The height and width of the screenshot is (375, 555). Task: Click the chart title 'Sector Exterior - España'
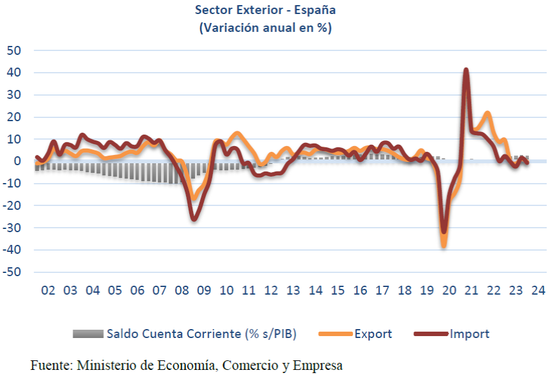(266, 11)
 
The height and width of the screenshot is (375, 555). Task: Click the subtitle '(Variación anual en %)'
(266, 27)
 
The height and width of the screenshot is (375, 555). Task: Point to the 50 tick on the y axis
(14, 50)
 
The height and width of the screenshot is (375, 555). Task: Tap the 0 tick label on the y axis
(18, 161)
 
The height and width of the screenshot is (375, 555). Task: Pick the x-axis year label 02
(48, 291)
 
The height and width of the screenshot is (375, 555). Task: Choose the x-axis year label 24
(538, 291)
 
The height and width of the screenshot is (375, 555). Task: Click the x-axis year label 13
(293, 291)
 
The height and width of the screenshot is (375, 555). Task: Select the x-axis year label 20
(449, 291)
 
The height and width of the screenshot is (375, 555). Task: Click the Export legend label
(373, 334)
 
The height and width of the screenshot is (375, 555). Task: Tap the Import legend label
(470, 334)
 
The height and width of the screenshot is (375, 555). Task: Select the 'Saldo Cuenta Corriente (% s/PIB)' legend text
(201, 334)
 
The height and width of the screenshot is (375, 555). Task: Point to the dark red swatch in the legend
(431, 334)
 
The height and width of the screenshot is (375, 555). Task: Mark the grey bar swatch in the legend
(87, 334)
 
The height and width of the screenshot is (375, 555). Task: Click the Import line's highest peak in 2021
(466, 70)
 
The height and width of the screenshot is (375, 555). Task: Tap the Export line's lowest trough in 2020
(444, 246)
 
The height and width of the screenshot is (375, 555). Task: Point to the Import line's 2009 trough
(194, 219)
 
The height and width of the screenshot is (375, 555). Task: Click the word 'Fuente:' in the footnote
(51, 365)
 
